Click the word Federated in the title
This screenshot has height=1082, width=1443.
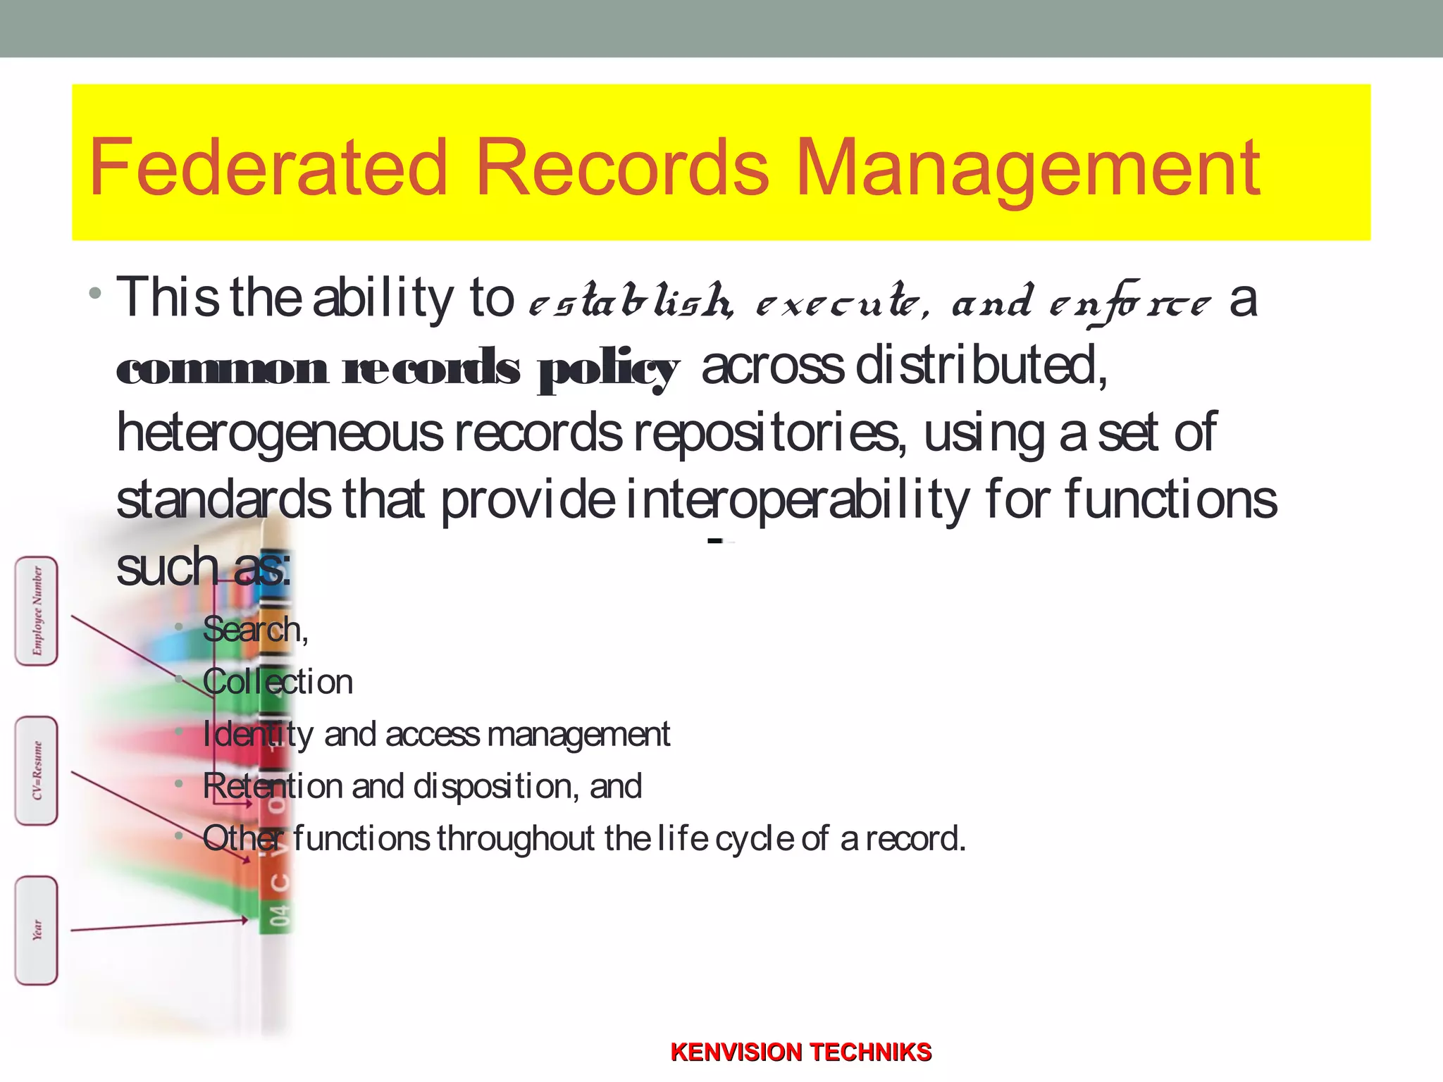[x=268, y=168]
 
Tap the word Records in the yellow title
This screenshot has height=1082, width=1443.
[x=622, y=168]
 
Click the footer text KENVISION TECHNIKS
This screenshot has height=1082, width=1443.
[x=800, y=1052]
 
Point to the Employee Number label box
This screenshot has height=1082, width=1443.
[x=37, y=611]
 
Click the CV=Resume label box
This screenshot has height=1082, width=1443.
[x=37, y=771]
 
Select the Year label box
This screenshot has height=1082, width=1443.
[x=37, y=930]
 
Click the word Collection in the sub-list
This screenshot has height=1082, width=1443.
[x=278, y=682]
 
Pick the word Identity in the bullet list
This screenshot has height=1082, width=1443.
[x=257, y=735]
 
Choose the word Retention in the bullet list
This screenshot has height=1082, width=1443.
[x=272, y=786]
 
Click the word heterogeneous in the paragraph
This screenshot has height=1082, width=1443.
[x=280, y=433]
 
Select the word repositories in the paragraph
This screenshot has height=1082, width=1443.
[x=766, y=433]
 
